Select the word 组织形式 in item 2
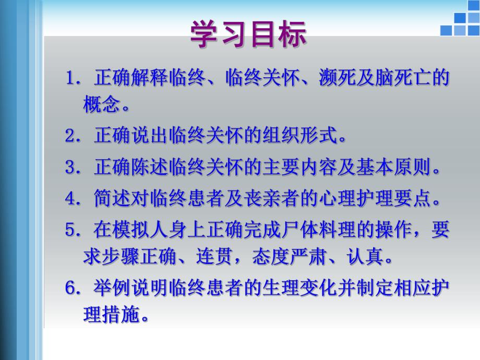305,137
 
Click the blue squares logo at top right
459,24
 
